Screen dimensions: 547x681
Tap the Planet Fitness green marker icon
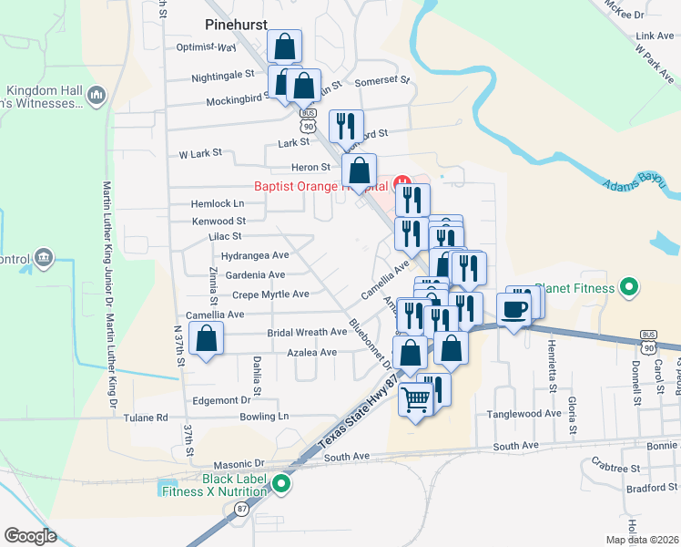coord(627,289)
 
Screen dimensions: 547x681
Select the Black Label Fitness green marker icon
coord(282,484)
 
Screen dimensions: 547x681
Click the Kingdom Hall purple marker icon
coord(97,94)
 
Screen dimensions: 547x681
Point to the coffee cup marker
coord(514,308)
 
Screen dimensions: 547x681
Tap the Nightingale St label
coord(222,77)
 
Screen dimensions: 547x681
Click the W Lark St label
coord(200,154)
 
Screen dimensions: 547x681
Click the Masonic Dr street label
coord(238,464)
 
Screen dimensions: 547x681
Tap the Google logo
coord(30,535)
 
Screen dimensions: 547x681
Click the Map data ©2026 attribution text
coord(642,540)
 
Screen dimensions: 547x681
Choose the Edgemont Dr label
coord(220,400)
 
